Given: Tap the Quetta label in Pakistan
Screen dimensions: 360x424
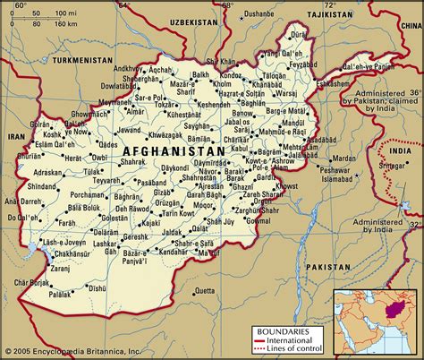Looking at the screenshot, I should click(205, 291).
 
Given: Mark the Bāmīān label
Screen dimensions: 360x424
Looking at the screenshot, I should click(199, 140).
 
